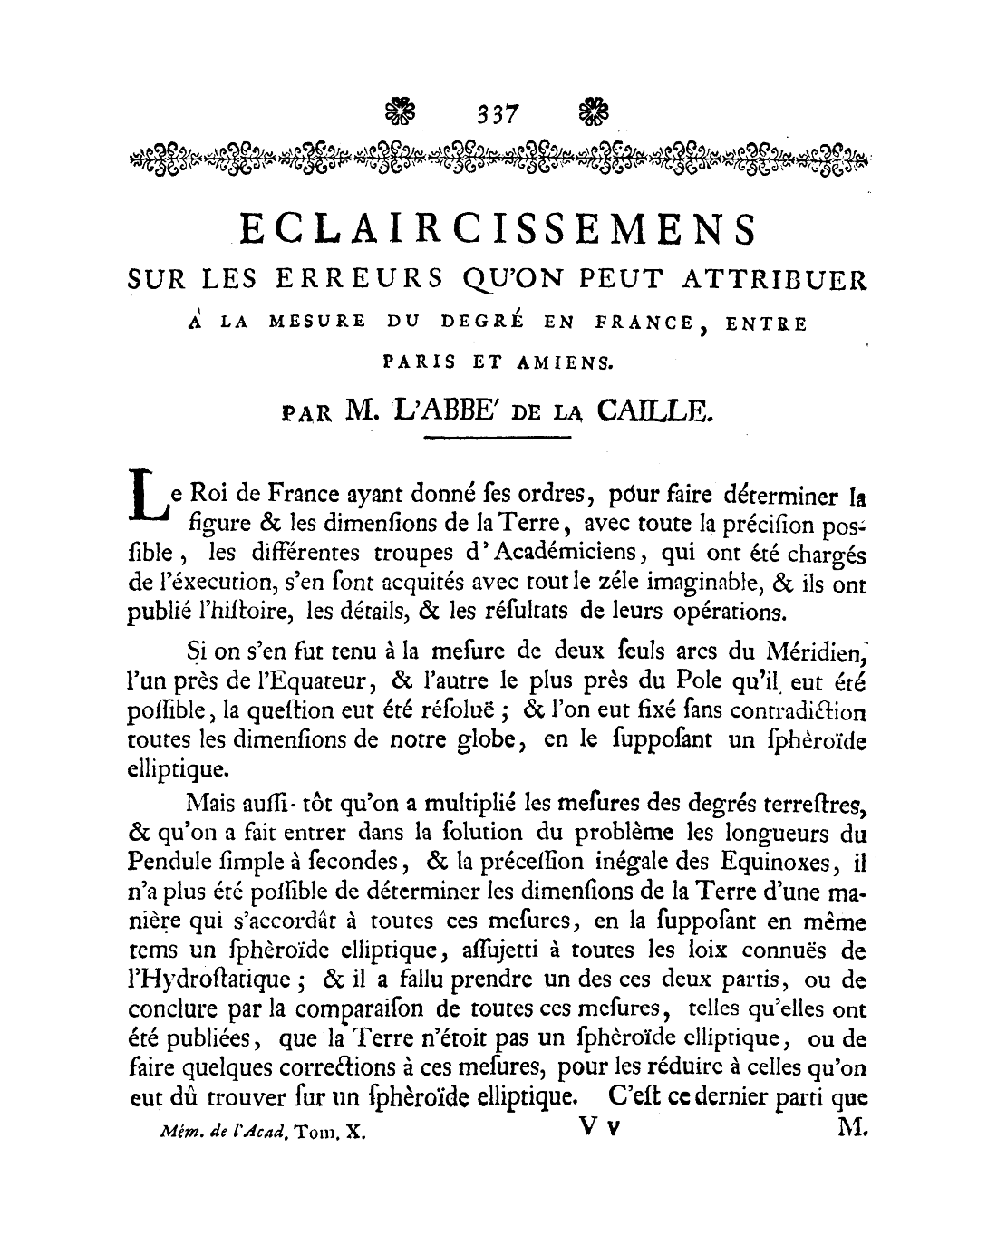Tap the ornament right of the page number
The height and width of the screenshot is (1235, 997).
(x=595, y=112)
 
